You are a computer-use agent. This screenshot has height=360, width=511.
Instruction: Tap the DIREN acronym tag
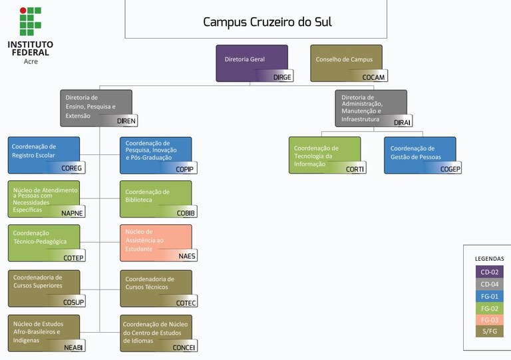click(x=126, y=121)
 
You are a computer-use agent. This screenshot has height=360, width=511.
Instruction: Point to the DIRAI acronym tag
click(x=402, y=122)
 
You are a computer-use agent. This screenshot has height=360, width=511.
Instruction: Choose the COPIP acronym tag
click(x=184, y=169)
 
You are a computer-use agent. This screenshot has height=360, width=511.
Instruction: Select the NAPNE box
click(x=44, y=198)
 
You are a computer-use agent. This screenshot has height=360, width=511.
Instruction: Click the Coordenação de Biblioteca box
click(x=156, y=198)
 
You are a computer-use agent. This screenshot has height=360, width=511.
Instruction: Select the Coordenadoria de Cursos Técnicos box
click(x=156, y=287)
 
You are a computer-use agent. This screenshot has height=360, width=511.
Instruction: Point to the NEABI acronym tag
click(x=73, y=347)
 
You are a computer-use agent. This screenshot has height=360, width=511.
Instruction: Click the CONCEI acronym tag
click(x=184, y=347)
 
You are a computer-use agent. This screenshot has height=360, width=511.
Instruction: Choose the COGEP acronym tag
click(x=450, y=169)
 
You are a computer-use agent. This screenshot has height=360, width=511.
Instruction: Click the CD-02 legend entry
click(x=490, y=271)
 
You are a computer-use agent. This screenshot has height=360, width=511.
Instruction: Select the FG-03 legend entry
click(x=490, y=319)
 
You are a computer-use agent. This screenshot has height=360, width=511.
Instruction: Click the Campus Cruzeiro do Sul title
click(x=267, y=22)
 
